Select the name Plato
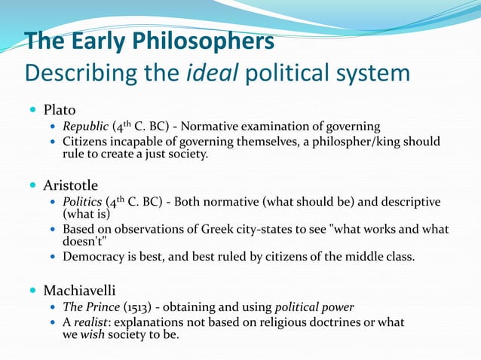(x=60, y=110)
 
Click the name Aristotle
(x=71, y=185)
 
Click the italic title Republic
(x=86, y=127)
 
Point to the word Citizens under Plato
(x=86, y=142)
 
